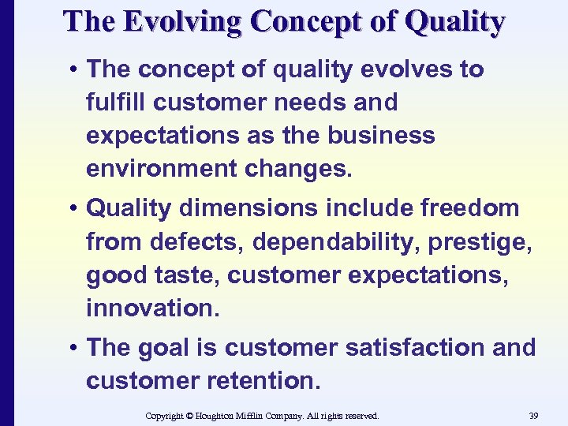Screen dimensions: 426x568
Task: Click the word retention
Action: point(264,381)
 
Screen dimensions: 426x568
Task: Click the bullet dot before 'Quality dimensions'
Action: point(72,209)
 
